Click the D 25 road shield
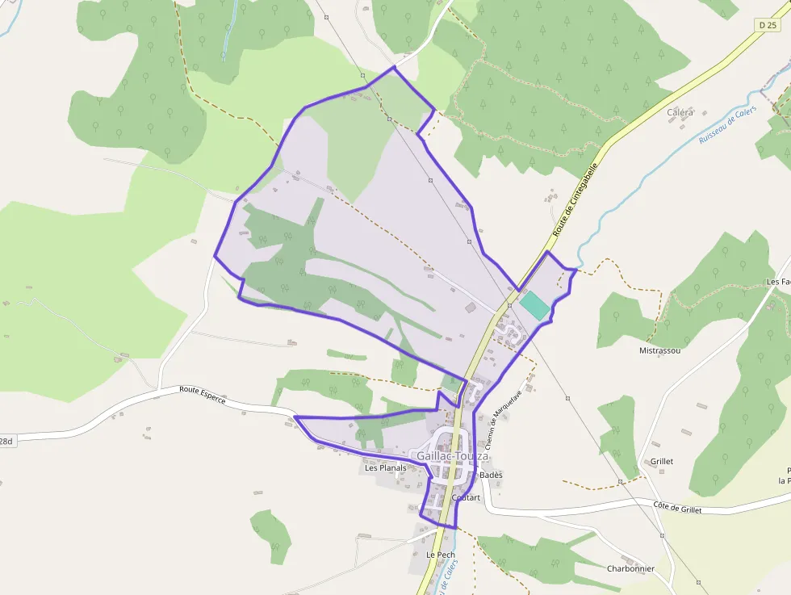768,26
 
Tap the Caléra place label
680,112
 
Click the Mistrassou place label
659,351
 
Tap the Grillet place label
661,462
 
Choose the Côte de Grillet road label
677,509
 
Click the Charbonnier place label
630,568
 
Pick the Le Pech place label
441,555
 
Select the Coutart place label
467,498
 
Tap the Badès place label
491,475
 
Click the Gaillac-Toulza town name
452,456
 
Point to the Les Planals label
385,467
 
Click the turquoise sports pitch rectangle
534,305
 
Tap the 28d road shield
6,442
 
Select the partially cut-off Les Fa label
778,282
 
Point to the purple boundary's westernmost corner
214,257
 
